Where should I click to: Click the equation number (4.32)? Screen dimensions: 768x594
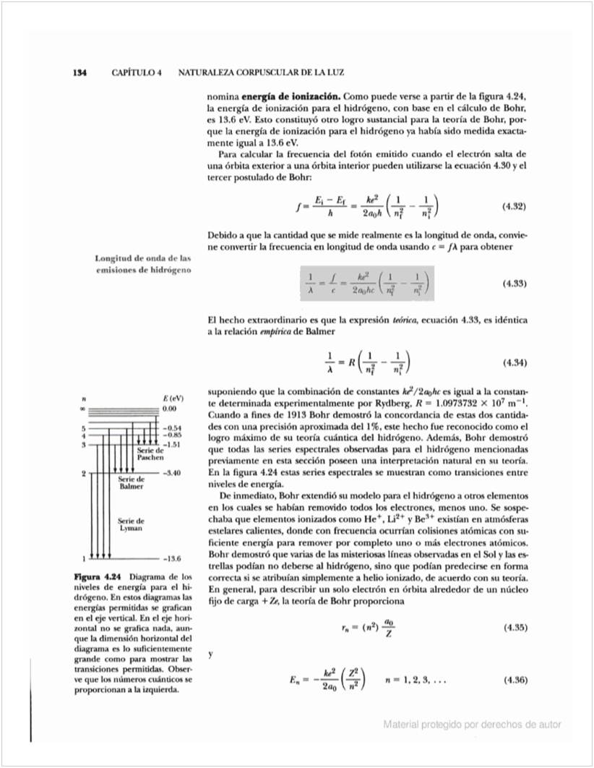(x=513, y=206)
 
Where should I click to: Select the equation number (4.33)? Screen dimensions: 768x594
(x=513, y=283)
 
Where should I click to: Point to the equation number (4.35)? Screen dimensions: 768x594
(x=513, y=627)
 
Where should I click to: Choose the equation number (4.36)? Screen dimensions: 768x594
(x=513, y=680)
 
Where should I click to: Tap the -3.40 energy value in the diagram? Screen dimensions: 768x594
(x=172, y=472)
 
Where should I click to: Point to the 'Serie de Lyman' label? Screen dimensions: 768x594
(x=131, y=525)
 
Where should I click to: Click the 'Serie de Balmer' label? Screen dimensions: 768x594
(x=131, y=482)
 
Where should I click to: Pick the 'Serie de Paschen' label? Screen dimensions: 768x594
(x=150, y=454)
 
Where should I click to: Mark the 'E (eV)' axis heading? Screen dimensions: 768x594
(x=170, y=398)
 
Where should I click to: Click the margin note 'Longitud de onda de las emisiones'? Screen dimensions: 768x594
(x=143, y=264)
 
